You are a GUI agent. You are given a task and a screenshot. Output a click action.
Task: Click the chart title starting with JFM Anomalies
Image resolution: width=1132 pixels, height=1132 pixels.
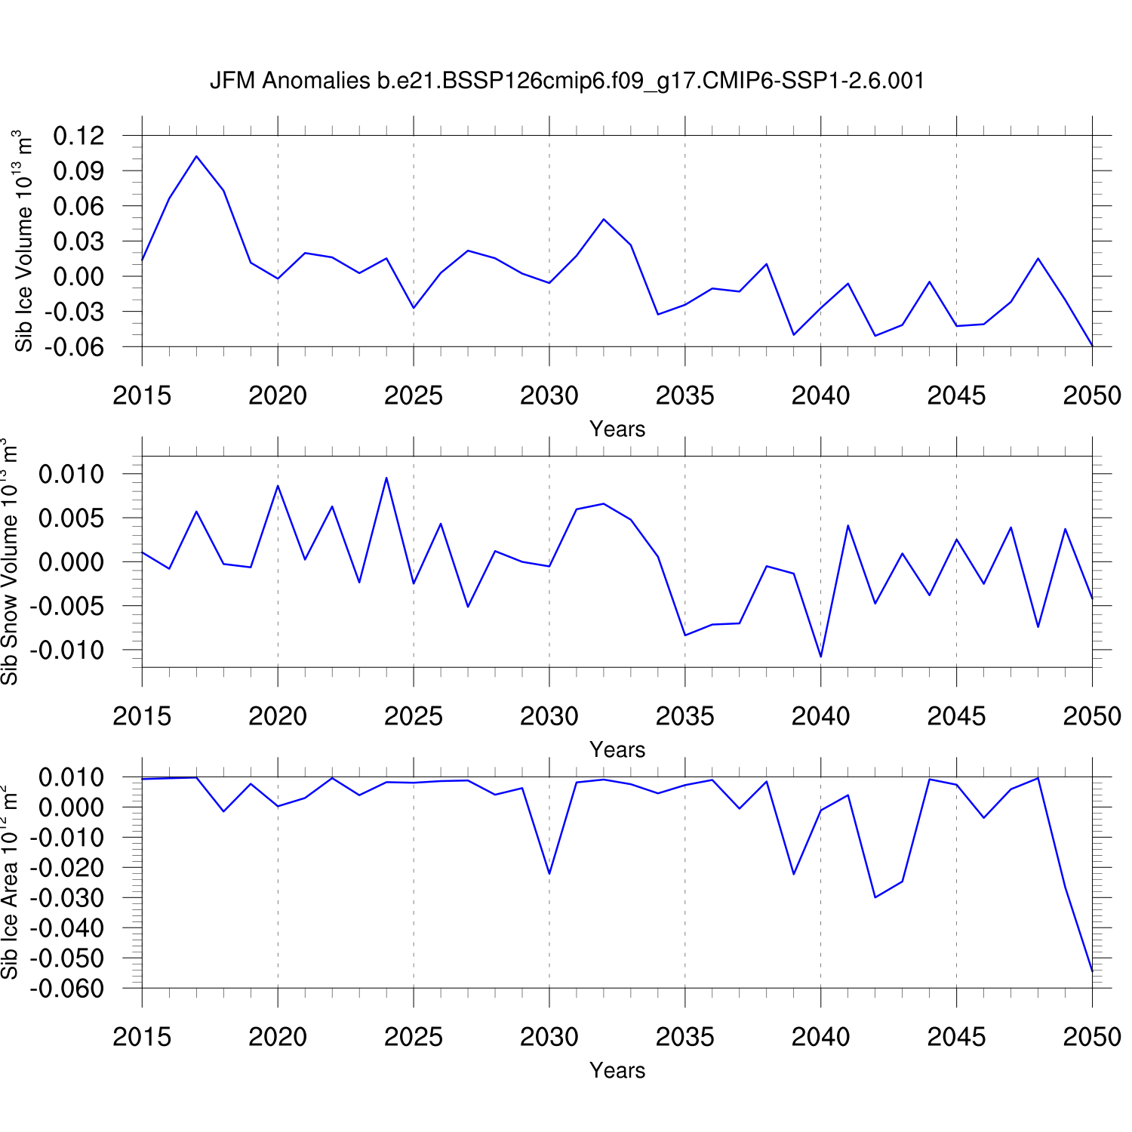[567, 81]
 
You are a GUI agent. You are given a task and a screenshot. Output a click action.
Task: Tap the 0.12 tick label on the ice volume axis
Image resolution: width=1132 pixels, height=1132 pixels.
[78, 136]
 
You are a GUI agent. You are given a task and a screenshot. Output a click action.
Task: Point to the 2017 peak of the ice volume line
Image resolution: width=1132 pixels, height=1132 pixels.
[196, 156]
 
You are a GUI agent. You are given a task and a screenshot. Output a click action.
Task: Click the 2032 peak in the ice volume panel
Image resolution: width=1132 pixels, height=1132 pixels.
[604, 219]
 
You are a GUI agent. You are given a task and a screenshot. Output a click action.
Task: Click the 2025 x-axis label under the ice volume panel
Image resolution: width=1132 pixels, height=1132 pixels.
[413, 395]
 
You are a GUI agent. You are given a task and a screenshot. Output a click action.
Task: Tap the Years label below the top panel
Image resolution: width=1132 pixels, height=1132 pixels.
[617, 429]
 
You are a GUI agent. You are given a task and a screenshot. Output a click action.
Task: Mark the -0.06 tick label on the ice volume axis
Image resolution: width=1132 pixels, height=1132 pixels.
[74, 347]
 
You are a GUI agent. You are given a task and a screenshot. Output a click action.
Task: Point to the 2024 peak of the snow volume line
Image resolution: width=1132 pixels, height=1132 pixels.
[386, 478]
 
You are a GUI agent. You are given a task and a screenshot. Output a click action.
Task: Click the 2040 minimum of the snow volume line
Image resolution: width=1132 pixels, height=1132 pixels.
[821, 657]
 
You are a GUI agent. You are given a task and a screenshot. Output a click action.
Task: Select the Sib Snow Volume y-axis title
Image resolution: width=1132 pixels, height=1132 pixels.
[9, 561]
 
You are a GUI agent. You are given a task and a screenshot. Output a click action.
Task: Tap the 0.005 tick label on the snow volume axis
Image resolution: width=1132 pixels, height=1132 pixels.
[72, 518]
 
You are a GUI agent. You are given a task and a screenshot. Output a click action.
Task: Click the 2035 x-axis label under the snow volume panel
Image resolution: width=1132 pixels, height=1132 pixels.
[684, 716]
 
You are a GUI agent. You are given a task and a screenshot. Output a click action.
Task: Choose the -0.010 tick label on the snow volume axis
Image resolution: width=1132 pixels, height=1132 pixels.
[69, 650]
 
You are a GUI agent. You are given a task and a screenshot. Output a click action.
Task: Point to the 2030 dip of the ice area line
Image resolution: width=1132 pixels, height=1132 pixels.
[549, 874]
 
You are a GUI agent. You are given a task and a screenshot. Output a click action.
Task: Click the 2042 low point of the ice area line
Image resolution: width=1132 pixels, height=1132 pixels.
[875, 897]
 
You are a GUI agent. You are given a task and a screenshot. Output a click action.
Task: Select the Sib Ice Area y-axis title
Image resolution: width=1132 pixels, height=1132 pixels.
[9, 882]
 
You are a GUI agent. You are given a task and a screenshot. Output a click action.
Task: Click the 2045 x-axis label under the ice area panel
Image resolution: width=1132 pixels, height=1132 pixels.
[956, 1037]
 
